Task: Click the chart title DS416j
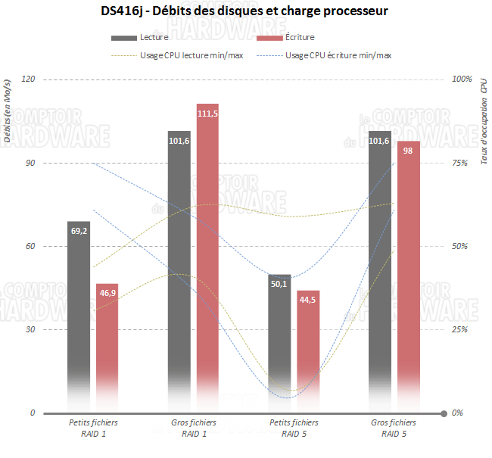click(245, 12)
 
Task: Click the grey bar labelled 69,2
click(79, 318)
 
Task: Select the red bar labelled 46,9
click(107, 348)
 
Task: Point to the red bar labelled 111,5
click(207, 257)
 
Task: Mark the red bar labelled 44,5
click(308, 352)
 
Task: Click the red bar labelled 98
click(408, 276)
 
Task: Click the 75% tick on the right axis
click(460, 163)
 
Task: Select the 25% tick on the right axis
click(460, 330)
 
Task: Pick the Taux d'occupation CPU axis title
click(484, 111)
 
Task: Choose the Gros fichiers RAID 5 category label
click(394, 428)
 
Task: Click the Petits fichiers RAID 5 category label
click(294, 428)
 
